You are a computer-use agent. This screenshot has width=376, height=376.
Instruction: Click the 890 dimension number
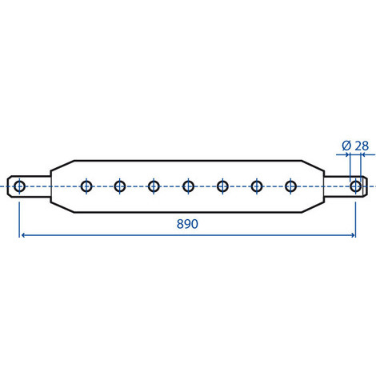click(187, 224)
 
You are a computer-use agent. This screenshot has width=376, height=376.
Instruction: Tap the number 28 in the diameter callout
click(362, 146)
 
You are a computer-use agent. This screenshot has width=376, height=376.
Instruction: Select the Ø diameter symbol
click(346, 146)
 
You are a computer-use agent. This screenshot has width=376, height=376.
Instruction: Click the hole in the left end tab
click(19, 186)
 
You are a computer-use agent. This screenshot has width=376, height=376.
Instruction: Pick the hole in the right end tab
click(355, 186)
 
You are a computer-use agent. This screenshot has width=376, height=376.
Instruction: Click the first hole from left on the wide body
click(86, 186)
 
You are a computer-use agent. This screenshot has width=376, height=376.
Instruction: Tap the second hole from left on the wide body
click(120, 186)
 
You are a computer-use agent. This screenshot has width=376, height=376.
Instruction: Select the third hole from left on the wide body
click(154, 186)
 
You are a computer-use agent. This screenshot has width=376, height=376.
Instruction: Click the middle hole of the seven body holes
click(188, 186)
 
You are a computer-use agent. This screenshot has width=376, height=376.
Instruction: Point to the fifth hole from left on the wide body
click(222, 186)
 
